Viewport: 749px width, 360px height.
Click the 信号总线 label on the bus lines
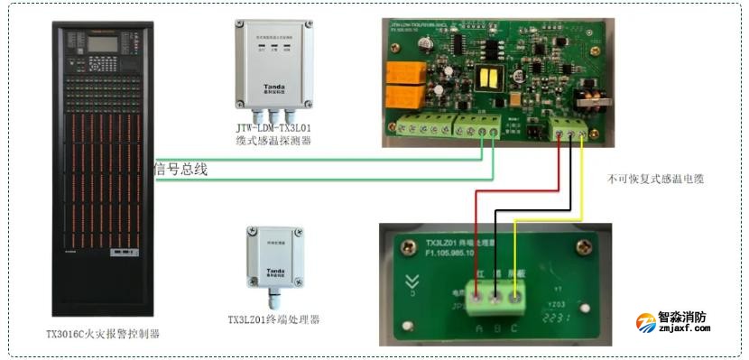180,168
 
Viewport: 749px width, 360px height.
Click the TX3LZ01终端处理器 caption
273,320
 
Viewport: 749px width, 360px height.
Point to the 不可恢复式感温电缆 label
654,180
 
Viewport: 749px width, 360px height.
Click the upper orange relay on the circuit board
401,72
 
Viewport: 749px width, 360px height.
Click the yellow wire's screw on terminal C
515,295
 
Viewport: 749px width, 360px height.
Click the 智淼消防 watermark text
682,318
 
